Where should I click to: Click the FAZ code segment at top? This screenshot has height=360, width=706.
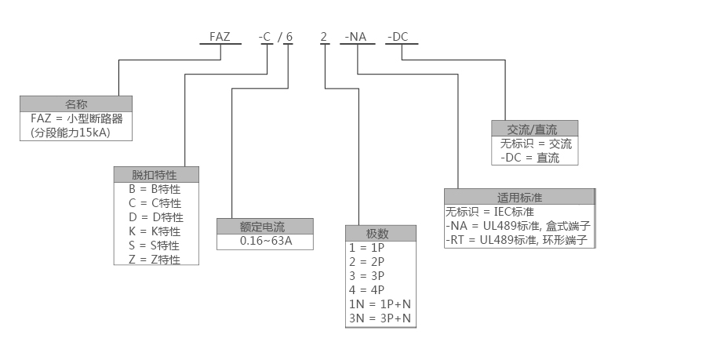pyautogui.click(x=220, y=36)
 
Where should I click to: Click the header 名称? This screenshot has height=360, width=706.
pyautogui.click(x=75, y=104)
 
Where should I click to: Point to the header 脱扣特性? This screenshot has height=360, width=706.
pyautogui.click(x=156, y=174)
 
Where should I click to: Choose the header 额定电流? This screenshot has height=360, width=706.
pyautogui.click(x=265, y=227)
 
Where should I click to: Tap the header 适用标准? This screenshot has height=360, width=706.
pyautogui.click(x=519, y=197)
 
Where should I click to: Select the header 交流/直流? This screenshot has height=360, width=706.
pyautogui.click(x=534, y=129)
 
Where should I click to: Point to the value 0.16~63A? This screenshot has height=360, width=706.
pyautogui.click(x=265, y=242)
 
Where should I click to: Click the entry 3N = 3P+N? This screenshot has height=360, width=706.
pyautogui.click(x=380, y=318)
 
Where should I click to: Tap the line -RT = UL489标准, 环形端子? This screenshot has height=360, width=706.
pyautogui.click(x=517, y=239)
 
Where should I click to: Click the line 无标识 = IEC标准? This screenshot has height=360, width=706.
pyautogui.click(x=489, y=212)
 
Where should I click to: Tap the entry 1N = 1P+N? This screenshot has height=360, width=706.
pyautogui.click(x=380, y=304)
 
